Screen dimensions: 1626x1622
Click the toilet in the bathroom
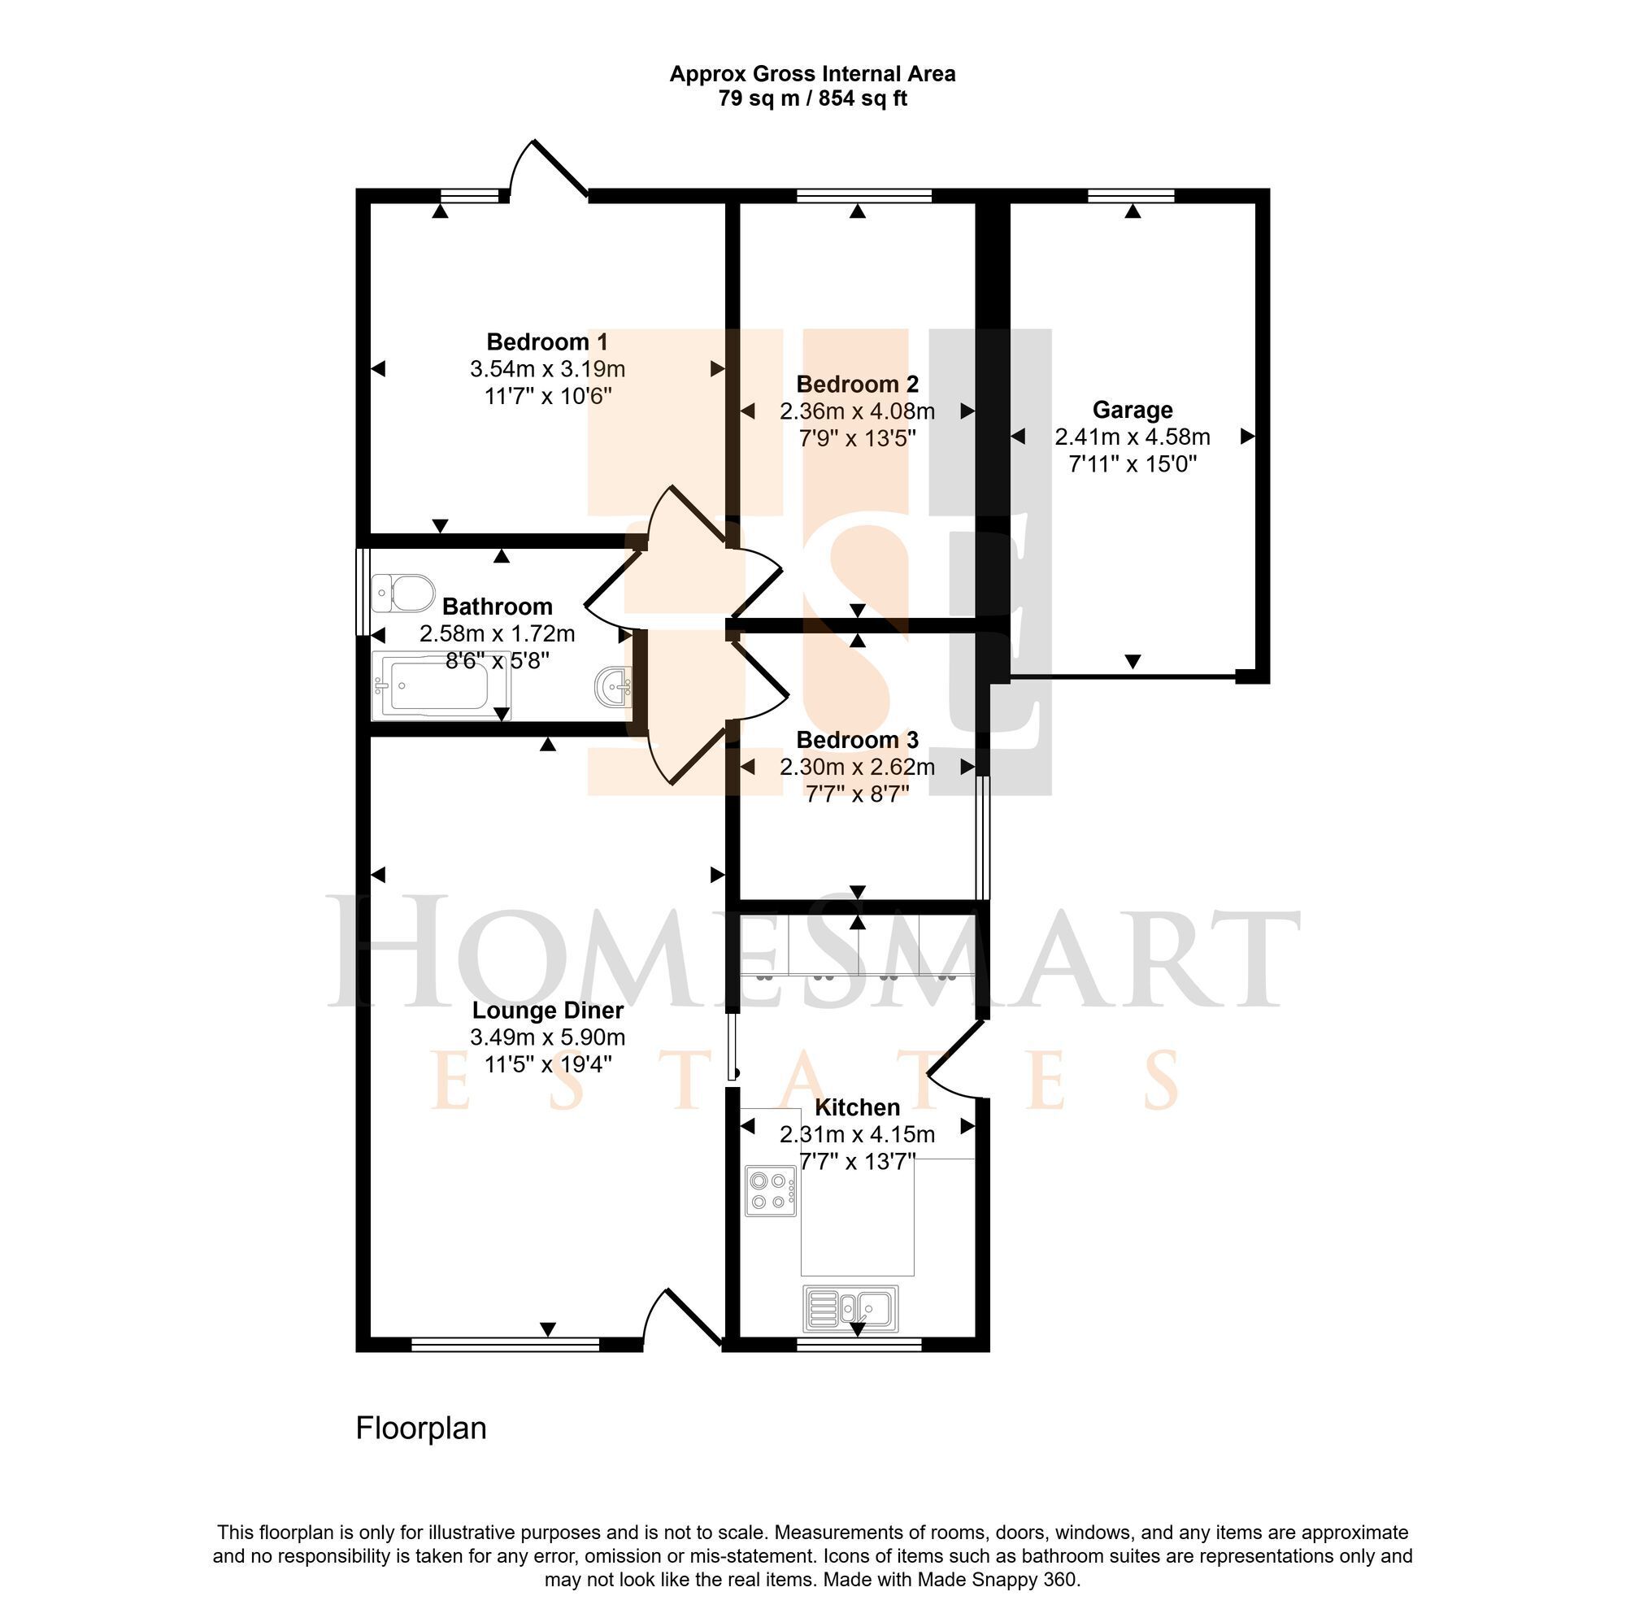[x=402, y=592]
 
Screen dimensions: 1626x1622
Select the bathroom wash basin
[x=614, y=685]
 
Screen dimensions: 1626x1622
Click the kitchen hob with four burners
[x=770, y=1191]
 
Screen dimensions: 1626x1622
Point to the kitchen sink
[x=851, y=1308]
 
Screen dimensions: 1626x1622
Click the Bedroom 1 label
[x=547, y=342]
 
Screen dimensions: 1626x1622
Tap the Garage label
[x=1133, y=410]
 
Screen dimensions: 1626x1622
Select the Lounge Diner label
[x=548, y=1011]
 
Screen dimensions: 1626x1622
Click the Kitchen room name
[x=858, y=1107]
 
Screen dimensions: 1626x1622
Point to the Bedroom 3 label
[x=858, y=740]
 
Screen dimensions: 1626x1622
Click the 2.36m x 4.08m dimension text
[x=858, y=411]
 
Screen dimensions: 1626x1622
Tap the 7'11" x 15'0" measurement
[x=1133, y=463]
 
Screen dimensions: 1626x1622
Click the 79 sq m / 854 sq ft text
[x=813, y=98]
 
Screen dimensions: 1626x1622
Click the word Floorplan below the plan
[x=421, y=1428]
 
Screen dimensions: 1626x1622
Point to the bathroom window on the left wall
[x=363, y=593]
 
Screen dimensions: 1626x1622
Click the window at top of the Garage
[x=1132, y=196]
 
